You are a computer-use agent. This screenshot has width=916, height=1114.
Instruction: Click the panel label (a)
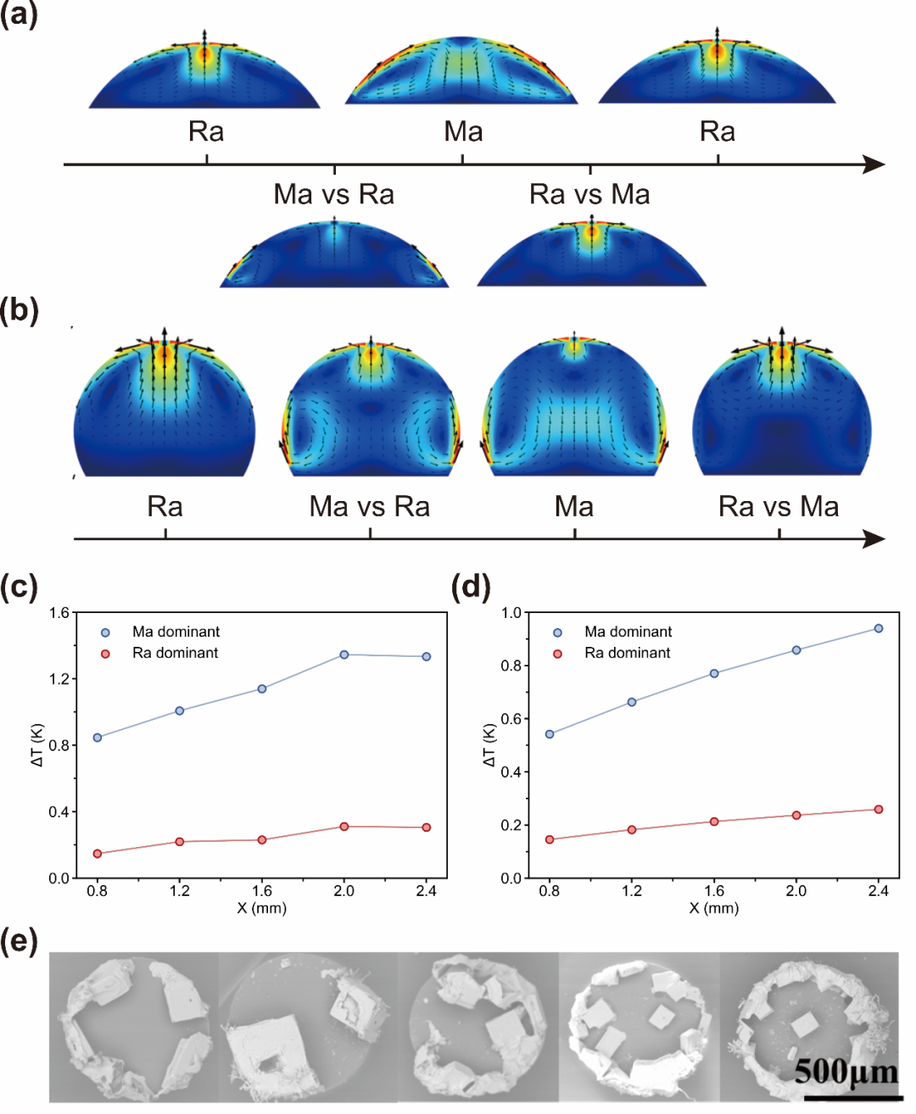point(19,14)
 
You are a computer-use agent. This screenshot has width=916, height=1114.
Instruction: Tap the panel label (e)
point(19,942)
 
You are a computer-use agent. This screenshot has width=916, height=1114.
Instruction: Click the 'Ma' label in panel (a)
point(463,131)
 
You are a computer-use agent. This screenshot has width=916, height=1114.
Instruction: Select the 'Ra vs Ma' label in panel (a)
point(589,194)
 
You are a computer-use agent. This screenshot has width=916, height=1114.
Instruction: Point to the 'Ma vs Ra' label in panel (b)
point(370,506)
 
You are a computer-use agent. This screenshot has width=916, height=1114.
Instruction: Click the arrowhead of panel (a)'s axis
point(874,164)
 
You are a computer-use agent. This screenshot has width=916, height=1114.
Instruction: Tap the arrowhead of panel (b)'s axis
point(874,539)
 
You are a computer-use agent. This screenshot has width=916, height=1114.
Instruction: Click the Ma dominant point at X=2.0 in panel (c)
point(344,654)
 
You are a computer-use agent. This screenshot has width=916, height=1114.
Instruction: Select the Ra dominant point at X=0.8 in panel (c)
point(98,854)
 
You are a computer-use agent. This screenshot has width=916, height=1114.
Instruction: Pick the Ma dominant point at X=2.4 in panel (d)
point(879,628)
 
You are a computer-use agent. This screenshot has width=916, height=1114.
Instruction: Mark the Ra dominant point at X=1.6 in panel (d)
point(714,822)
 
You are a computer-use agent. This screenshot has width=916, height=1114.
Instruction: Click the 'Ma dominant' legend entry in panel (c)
point(160,632)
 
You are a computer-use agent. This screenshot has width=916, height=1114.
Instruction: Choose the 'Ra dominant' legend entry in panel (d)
point(612,654)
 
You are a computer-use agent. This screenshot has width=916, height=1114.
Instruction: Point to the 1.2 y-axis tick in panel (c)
point(59,679)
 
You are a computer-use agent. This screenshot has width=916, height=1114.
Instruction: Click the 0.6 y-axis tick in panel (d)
point(511,719)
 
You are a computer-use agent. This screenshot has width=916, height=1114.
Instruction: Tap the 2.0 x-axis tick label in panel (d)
point(796,891)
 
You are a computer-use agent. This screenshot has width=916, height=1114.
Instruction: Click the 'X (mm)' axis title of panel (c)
point(261,908)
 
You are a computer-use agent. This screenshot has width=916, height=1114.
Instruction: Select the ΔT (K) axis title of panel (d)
point(489,745)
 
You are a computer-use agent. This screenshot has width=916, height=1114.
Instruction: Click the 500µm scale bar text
point(846,1072)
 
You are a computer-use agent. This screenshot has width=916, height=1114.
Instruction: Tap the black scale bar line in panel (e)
point(853,1098)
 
